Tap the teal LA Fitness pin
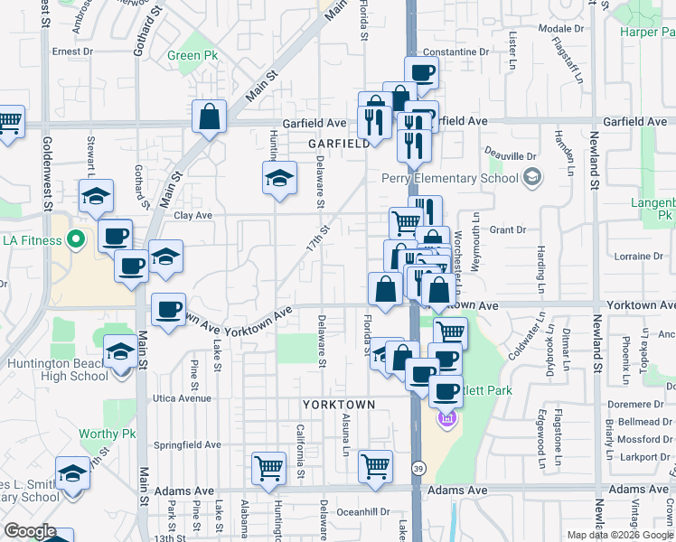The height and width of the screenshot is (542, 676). (76, 240)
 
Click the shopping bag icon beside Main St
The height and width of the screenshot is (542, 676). (209, 117)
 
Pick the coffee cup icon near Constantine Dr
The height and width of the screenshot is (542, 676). (421, 73)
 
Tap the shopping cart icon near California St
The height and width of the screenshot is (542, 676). (268, 468)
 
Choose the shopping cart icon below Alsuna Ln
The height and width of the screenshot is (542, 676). (375, 467)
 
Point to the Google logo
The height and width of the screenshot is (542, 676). (30, 531)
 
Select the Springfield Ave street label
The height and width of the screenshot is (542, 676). (187, 444)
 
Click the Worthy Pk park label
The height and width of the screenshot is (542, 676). (108, 434)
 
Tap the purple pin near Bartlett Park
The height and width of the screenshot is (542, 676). (446, 418)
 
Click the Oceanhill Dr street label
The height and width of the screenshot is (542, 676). (361, 510)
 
